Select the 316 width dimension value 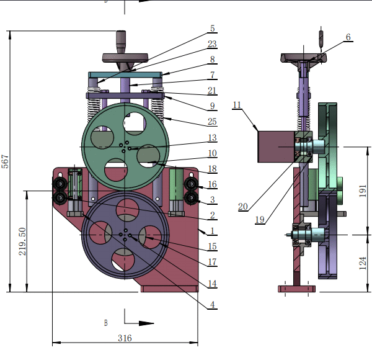[x=125, y=338]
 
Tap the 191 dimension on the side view [x=364, y=191]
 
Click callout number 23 [x=212, y=44]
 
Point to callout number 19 [x=259, y=218]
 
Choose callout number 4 [x=212, y=305]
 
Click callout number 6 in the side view [x=348, y=37]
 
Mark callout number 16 [x=212, y=184]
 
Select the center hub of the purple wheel [x=125, y=235]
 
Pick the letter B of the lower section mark [x=106, y=323]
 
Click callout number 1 [x=212, y=230]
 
